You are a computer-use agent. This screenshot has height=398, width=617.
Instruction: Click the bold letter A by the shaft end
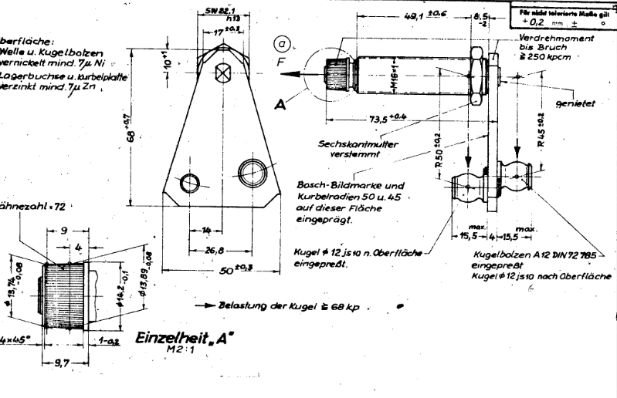(x=300, y=106)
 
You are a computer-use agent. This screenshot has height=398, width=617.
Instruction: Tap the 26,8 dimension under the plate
(x=215, y=249)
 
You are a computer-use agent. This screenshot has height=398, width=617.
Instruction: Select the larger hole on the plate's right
(x=252, y=169)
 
